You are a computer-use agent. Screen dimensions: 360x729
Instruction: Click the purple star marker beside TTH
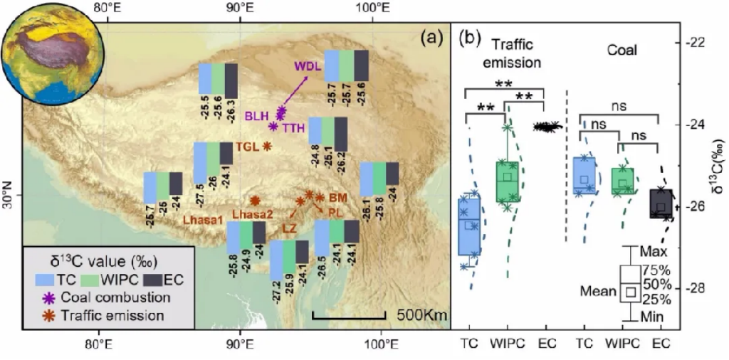273,126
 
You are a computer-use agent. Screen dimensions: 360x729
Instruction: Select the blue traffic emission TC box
468,224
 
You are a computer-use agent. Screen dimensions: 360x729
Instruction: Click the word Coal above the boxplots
622,51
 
